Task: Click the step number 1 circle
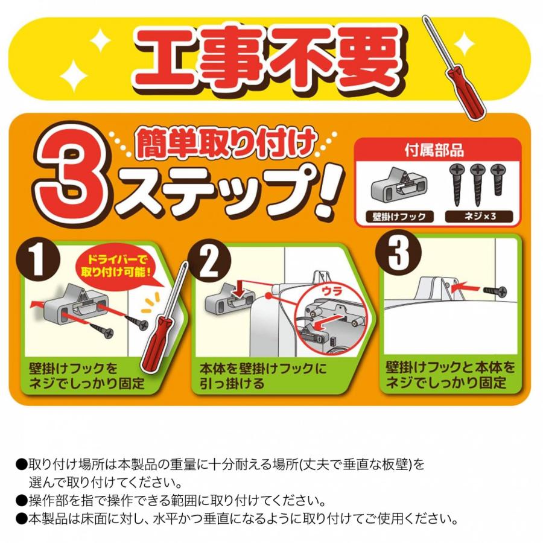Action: tap(38, 258)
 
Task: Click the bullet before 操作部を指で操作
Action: tap(21, 500)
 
